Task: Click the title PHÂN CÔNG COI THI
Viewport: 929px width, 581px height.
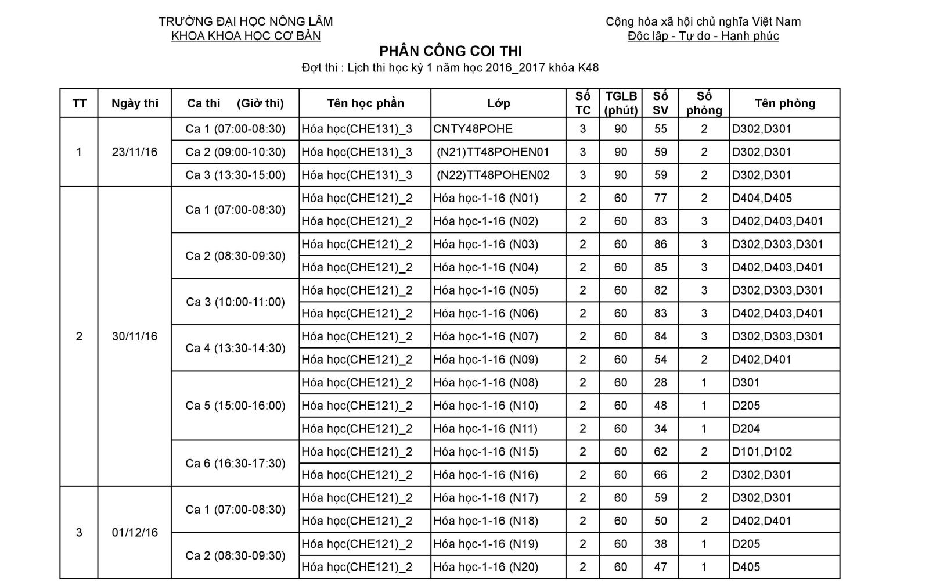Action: click(451, 51)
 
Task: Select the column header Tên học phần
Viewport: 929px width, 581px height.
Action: click(365, 103)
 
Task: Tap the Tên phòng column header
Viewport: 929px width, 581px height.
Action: click(785, 103)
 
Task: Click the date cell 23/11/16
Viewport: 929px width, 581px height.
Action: click(135, 152)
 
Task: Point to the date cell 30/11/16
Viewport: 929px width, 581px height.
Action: click(135, 336)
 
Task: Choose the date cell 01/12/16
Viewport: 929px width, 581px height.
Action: click(135, 533)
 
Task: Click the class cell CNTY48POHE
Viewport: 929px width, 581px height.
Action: click(473, 129)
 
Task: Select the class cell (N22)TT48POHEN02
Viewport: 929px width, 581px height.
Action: click(493, 175)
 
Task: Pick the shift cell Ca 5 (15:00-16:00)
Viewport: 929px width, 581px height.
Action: click(235, 406)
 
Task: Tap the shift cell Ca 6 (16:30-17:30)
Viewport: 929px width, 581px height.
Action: click(235, 463)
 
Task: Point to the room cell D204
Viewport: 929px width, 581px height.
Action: click(746, 429)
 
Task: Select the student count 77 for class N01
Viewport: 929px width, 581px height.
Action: click(660, 198)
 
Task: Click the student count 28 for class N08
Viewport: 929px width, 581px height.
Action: click(660, 382)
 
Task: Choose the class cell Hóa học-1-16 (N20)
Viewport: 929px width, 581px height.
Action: click(485, 567)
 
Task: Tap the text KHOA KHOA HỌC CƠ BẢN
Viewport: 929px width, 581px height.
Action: click(246, 36)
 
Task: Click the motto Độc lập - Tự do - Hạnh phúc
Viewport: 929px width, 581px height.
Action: click(703, 36)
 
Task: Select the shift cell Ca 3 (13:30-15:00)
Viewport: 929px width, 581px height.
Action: click(235, 175)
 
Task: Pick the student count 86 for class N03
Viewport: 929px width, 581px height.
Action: click(660, 244)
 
